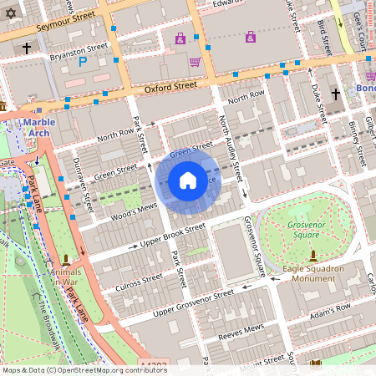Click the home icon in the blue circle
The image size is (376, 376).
pos(188,180)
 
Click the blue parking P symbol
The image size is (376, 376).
pos(82,61)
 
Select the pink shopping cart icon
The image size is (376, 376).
pos(195,61)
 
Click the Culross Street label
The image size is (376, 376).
pos(130,281)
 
